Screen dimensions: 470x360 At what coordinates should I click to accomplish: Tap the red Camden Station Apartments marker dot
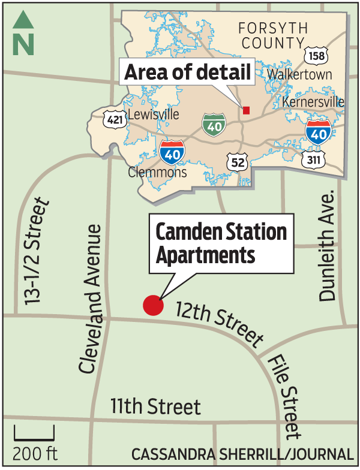pyautogui.click(x=154, y=305)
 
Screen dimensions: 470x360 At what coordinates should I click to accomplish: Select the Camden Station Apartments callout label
pyautogui.click(x=221, y=244)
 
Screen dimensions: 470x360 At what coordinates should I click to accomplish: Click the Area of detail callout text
pyautogui.click(x=187, y=74)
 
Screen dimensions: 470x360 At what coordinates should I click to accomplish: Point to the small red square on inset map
pyautogui.click(x=246, y=110)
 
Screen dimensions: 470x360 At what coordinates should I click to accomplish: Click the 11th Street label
pyautogui.click(x=155, y=407)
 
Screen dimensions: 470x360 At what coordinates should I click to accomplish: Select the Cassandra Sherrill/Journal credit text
pyautogui.click(x=241, y=454)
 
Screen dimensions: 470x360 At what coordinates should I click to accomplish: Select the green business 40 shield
pyautogui.click(x=214, y=124)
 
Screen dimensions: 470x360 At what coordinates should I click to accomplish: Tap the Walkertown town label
pyautogui.click(x=299, y=75)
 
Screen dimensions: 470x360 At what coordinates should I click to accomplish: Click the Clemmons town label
pyautogui.click(x=158, y=173)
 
